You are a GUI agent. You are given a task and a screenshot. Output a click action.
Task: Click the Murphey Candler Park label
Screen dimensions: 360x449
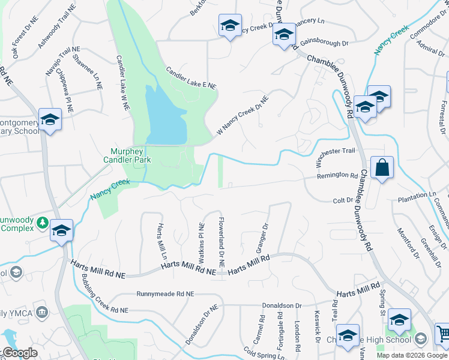[130, 156]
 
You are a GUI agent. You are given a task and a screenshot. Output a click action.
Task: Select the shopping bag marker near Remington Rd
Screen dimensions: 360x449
[382, 169]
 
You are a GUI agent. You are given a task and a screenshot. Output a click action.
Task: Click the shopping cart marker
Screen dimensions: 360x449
[443, 333]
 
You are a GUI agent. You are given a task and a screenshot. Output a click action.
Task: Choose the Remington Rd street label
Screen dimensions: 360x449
[337, 176]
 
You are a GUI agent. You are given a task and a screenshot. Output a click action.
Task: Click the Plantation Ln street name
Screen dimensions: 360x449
[417, 196]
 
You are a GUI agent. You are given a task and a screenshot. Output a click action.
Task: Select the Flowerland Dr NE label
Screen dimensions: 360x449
[221, 242]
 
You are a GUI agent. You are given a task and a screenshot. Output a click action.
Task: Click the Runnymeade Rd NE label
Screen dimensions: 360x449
[166, 295]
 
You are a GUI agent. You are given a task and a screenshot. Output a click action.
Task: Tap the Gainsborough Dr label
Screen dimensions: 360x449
[324, 44]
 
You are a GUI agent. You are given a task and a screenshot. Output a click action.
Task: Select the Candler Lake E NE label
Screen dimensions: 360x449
[191, 77]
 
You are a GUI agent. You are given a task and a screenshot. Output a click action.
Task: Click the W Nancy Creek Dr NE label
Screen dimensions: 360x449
[243, 115]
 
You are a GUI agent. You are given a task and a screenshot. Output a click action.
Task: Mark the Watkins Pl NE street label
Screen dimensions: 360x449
[202, 238]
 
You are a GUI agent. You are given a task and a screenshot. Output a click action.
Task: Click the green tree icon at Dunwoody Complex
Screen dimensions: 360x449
[42, 223]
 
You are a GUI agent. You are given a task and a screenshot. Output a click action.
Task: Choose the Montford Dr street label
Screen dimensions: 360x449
[406, 239]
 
